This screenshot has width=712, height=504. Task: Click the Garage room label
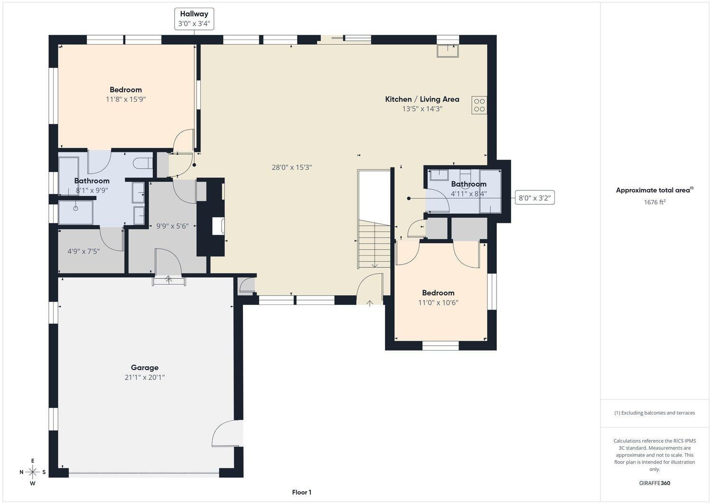(144, 367)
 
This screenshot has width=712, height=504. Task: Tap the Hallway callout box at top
(194, 19)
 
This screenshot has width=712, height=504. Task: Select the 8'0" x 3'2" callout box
(534, 198)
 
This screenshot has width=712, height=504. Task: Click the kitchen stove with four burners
(479, 105)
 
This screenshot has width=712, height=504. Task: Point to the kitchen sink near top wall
(448, 51)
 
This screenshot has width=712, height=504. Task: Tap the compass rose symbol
(33, 472)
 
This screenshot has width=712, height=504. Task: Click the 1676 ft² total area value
(654, 202)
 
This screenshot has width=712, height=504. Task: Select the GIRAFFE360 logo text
(655, 483)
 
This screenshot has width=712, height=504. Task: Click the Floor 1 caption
(301, 492)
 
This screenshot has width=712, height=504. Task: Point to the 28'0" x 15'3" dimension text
(291, 167)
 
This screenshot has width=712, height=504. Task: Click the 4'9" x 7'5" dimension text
(84, 251)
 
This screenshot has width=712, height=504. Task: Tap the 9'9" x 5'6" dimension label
(172, 226)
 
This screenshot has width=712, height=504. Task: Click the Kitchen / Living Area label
(422, 99)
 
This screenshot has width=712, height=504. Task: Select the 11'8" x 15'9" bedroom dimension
(126, 99)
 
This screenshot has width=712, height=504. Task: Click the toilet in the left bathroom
(142, 163)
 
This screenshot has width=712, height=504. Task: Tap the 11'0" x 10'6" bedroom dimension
(438, 303)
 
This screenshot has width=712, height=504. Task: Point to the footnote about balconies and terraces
(655, 413)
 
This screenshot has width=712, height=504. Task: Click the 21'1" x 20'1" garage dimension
(144, 377)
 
